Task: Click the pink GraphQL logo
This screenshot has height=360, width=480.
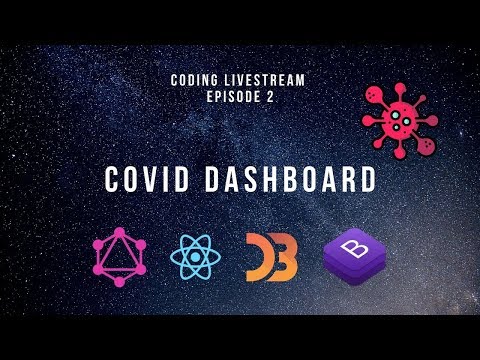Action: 120,257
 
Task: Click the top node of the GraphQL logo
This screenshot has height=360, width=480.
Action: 120,233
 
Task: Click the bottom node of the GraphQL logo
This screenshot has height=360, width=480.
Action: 120,282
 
